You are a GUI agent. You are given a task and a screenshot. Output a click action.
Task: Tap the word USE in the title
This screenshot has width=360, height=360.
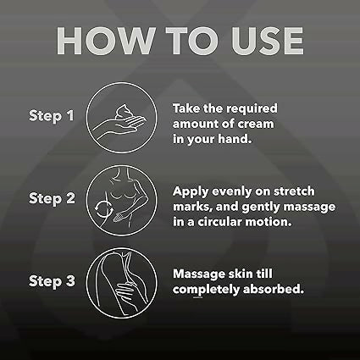click(x=260, y=41)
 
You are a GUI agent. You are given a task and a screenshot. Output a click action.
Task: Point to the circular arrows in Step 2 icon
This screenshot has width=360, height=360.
click(x=108, y=207)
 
